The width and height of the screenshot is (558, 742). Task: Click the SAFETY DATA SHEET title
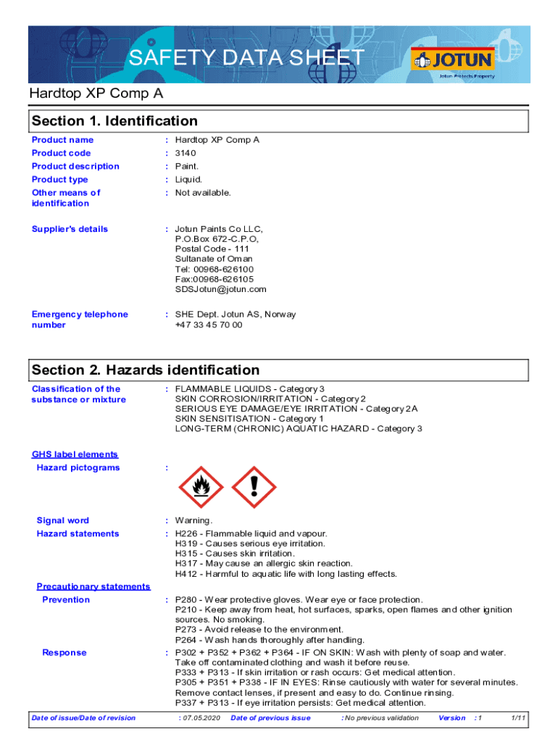pyautogui.click(x=246, y=58)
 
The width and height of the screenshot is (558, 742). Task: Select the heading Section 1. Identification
pyautogui.click(x=114, y=121)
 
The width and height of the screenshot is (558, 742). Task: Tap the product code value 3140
pyautogui.click(x=186, y=153)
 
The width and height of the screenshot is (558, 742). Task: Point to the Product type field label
pyautogui.click(x=60, y=180)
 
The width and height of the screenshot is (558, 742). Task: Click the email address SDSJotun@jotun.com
pyautogui.click(x=220, y=289)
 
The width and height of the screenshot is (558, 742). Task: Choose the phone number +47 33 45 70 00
pyautogui.click(x=209, y=325)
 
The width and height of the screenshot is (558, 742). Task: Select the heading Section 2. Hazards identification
pyautogui.click(x=145, y=370)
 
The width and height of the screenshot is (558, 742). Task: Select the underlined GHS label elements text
pyautogui.click(x=75, y=454)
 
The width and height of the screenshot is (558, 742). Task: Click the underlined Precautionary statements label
pyautogui.click(x=93, y=586)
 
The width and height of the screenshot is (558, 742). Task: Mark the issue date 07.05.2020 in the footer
pyautogui.click(x=200, y=718)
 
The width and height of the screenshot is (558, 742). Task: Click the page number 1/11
pyautogui.click(x=518, y=718)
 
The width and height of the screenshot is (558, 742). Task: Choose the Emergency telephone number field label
pyautogui.click(x=80, y=320)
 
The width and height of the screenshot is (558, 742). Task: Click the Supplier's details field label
pyautogui.click(x=70, y=229)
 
